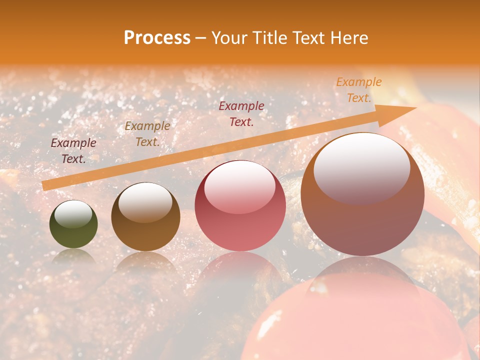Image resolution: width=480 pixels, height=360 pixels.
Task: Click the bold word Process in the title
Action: pyautogui.click(x=157, y=38)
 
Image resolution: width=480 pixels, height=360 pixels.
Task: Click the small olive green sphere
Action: pyautogui.click(x=73, y=224)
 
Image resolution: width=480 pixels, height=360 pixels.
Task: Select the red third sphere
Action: pyautogui.click(x=240, y=205)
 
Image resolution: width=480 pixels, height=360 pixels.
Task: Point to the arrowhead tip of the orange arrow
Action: pyautogui.click(x=416, y=108)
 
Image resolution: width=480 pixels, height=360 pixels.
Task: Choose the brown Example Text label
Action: pyautogui.click(x=147, y=134)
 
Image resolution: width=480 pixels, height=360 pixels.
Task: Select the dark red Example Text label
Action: pyautogui.click(x=241, y=113)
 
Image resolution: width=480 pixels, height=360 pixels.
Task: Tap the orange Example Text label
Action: pyautogui.click(x=359, y=90)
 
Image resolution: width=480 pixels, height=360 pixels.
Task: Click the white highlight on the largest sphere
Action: pyautogui.click(x=361, y=167)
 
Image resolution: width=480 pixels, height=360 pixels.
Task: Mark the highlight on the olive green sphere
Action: pyautogui.click(x=73, y=214)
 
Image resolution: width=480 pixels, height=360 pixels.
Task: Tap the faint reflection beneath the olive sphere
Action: pyautogui.click(x=73, y=256)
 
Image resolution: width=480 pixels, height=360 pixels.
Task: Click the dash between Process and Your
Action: pyautogui.click(x=201, y=38)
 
